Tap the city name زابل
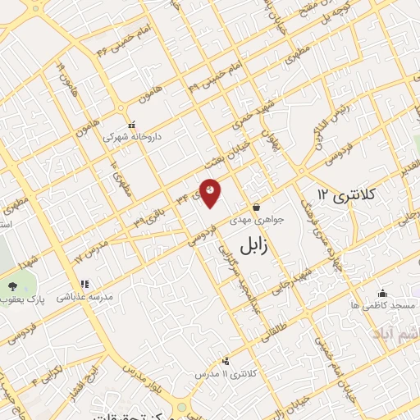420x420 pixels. click(258, 245)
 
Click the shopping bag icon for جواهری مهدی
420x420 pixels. click(258, 207)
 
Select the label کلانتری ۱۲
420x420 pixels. click(345, 194)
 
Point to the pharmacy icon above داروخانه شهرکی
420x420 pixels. click(131, 125)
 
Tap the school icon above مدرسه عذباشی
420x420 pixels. click(85, 284)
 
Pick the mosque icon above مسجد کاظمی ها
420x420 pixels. click(382, 293)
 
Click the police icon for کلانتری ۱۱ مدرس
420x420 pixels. click(226, 360)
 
